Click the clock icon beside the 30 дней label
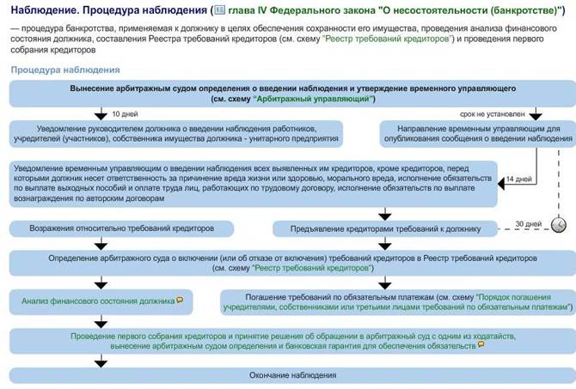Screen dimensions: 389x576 coord(559,224)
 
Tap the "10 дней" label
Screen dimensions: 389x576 coord(126,114)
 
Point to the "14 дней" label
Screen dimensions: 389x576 coord(519,179)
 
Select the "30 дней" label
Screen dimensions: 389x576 coord(524,223)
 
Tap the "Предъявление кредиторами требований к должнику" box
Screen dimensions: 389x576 coord(385,229)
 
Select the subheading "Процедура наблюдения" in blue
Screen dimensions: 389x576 coord(65,69)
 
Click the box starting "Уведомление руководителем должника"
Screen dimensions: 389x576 coord(176,132)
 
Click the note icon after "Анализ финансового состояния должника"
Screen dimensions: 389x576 coord(179,301)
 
